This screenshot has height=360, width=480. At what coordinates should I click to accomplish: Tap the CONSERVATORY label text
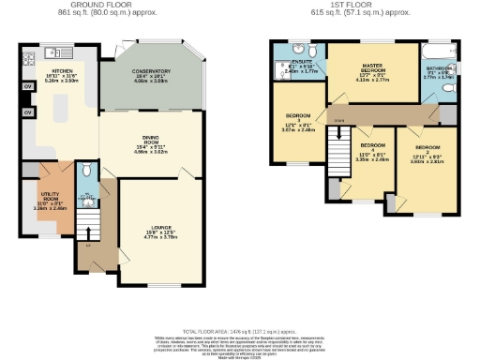(151, 71)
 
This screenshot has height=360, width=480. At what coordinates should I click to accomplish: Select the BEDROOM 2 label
(427, 148)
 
